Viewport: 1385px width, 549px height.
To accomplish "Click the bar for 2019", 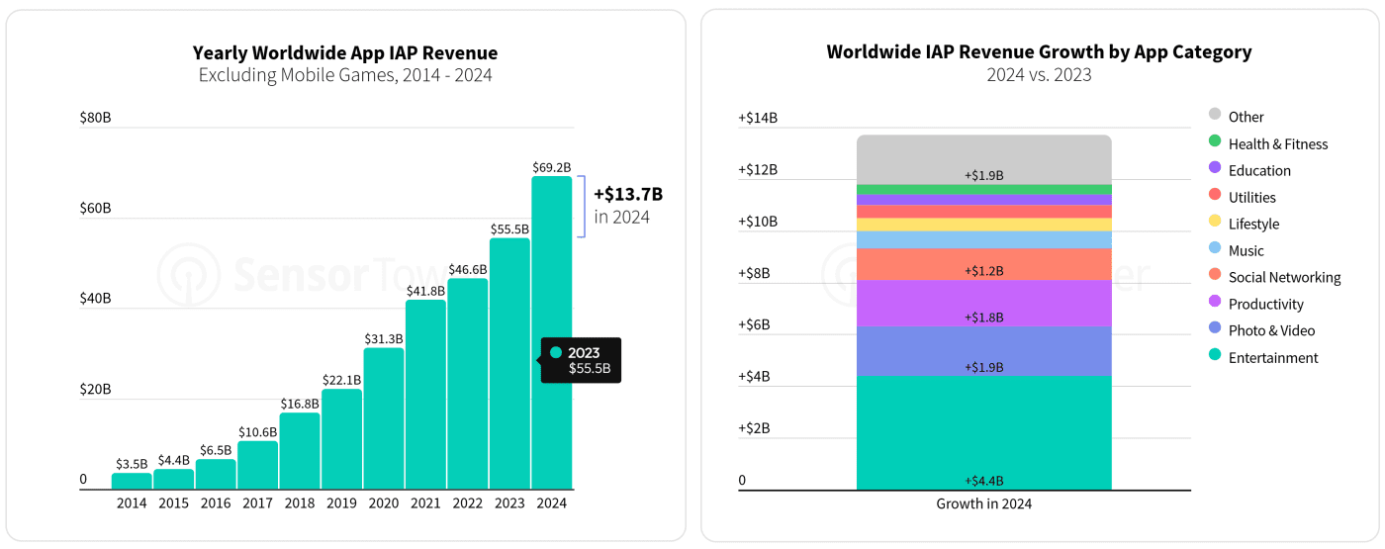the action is [x=342, y=439].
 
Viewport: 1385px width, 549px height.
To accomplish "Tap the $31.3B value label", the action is [x=384, y=338].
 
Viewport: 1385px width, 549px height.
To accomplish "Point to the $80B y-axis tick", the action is [x=95, y=118].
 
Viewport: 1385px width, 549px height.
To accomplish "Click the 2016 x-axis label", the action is [x=216, y=503].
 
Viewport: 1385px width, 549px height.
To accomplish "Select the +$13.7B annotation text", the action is [x=628, y=194].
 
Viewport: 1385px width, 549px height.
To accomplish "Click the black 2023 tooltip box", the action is [x=581, y=360].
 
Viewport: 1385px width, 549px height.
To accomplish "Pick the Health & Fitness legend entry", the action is [x=1268, y=143].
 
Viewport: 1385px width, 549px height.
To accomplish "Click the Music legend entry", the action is [x=1236, y=250].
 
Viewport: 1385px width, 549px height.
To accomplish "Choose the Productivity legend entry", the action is [x=1255, y=304].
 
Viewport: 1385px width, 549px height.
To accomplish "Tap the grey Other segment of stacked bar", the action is [x=983, y=159].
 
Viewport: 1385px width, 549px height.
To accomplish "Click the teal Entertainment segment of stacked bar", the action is [x=983, y=433].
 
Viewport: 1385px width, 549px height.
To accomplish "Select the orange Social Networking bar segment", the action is [x=983, y=264].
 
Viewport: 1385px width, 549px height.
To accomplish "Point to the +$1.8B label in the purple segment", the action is [x=983, y=318].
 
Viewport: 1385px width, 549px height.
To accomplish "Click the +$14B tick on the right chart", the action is [x=758, y=118].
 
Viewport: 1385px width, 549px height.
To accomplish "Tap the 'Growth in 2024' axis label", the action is [x=983, y=503].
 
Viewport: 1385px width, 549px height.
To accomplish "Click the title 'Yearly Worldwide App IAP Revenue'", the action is [x=345, y=52].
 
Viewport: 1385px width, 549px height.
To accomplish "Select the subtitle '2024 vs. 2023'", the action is [x=1039, y=75].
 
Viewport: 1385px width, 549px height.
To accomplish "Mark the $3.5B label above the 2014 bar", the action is [x=132, y=464].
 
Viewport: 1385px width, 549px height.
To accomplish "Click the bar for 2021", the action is [x=426, y=395].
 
